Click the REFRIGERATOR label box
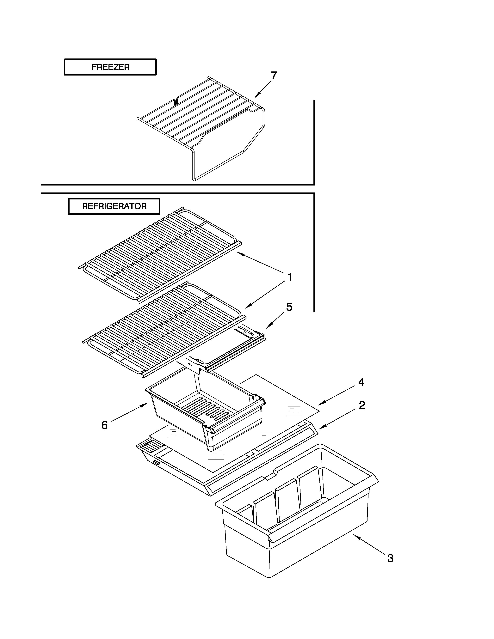click(114, 206)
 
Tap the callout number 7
click(274, 76)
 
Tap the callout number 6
click(104, 425)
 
